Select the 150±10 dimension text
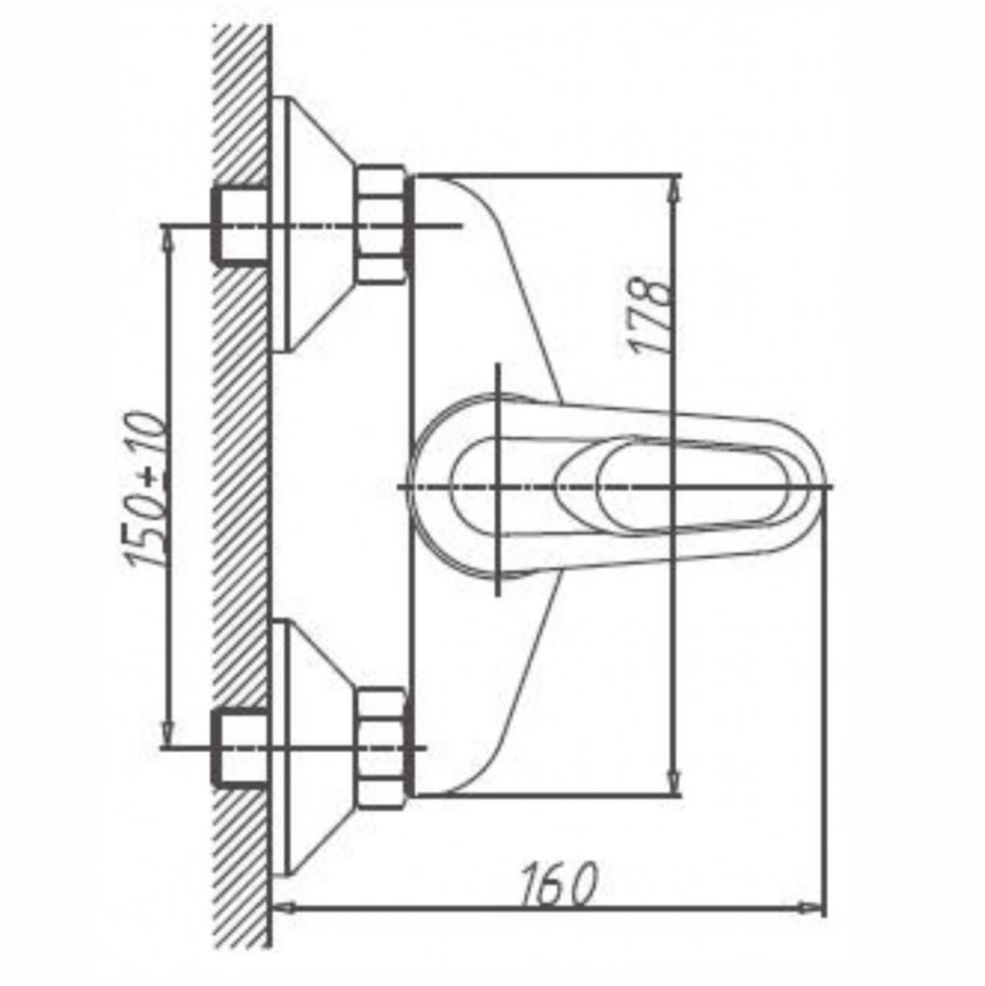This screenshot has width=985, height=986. coord(145,488)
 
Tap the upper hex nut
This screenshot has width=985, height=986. coord(381,224)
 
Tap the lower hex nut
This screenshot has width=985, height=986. coord(381,747)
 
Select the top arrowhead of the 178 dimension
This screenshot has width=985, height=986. coord(673,188)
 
